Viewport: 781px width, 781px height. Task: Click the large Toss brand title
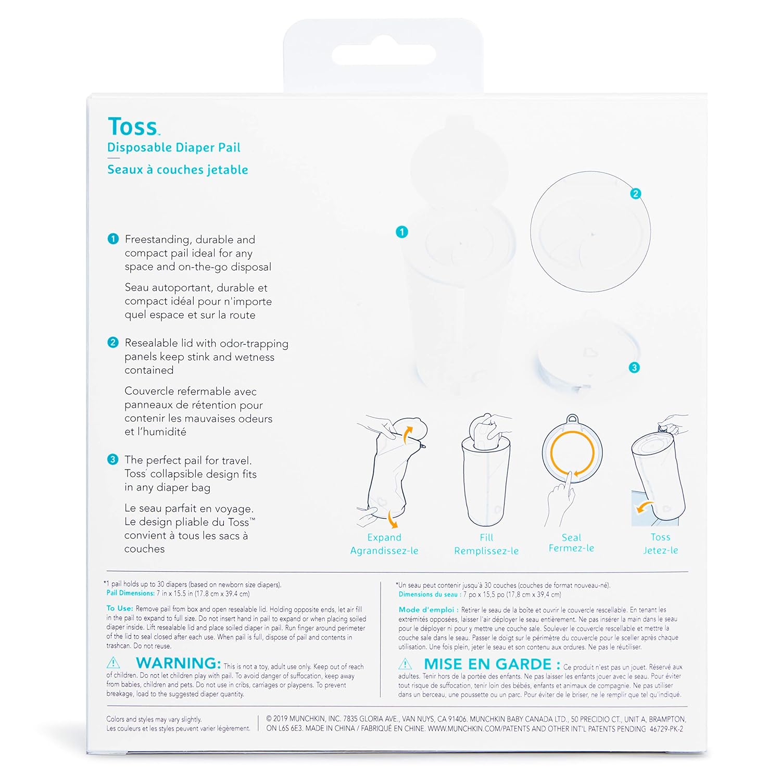point(133,127)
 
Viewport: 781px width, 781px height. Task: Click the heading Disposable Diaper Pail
point(174,148)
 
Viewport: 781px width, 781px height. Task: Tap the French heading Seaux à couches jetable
point(178,170)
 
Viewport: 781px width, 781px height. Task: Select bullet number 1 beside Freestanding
point(113,239)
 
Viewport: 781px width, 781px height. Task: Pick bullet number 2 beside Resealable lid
point(113,343)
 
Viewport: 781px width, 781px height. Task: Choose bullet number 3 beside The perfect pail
point(113,460)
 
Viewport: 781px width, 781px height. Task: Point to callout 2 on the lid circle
point(635,194)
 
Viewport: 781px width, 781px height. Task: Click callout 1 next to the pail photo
point(401,232)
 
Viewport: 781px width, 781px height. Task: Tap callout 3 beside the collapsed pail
point(634,368)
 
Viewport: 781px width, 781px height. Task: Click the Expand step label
point(384,538)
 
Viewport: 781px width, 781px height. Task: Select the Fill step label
point(486,537)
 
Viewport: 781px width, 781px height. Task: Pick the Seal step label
point(571,537)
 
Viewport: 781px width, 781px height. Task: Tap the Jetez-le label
point(660,550)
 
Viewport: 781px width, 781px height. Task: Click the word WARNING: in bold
point(179,663)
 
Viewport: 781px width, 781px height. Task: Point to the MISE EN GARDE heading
point(492,664)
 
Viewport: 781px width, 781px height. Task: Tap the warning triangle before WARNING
point(113,663)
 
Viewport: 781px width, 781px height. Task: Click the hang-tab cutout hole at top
point(383,54)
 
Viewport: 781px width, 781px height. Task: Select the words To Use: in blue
point(120,608)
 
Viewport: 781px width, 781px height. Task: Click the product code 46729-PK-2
point(666,729)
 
